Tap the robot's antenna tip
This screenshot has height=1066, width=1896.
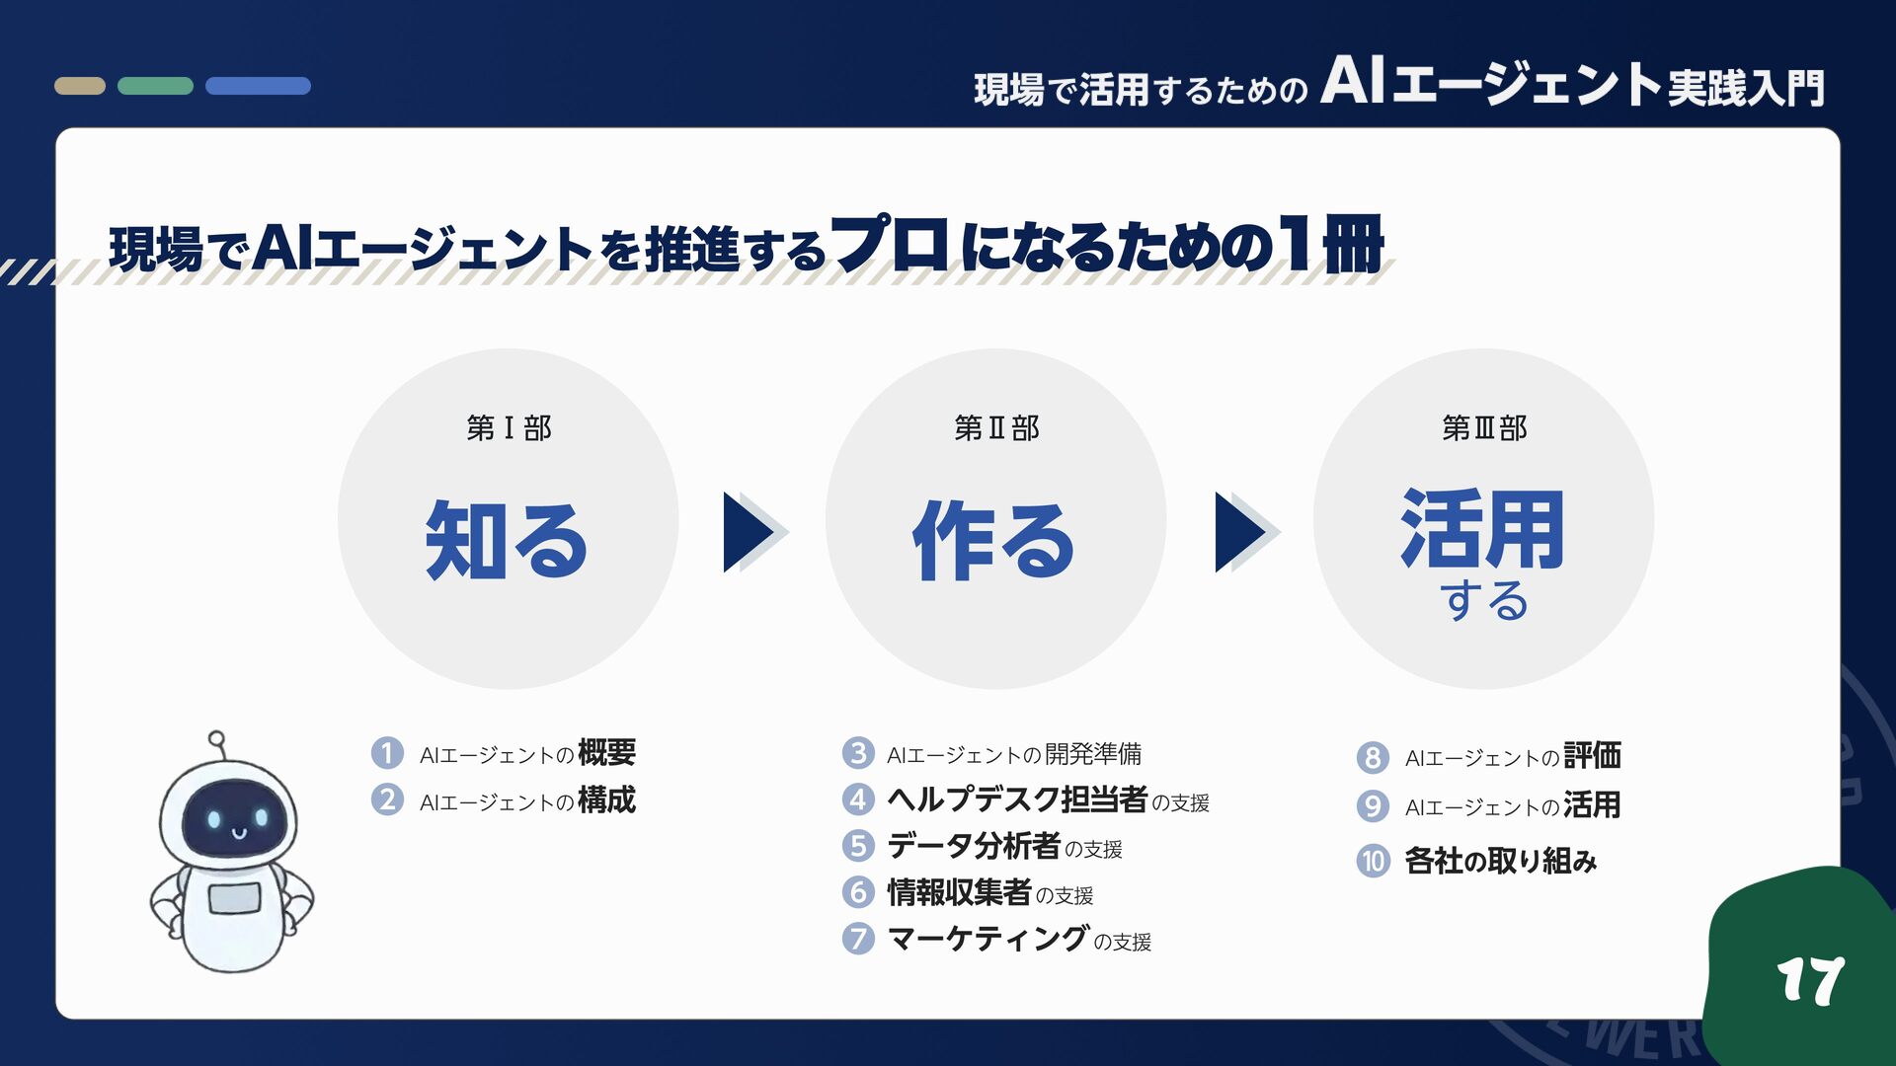(x=216, y=738)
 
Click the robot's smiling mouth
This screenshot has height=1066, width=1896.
(x=237, y=833)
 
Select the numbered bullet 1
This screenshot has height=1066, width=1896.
(x=387, y=753)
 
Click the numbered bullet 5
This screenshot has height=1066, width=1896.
(x=858, y=846)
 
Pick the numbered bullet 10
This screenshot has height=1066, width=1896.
(x=1373, y=861)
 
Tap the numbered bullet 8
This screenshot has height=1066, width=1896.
(x=1373, y=757)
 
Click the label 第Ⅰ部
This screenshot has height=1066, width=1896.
(x=509, y=428)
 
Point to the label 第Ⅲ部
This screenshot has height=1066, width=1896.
(x=1484, y=428)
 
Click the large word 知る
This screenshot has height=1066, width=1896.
(x=507, y=540)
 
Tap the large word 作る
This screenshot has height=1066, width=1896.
(x=993, y=540)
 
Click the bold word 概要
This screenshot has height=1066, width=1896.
(x=606, y=753)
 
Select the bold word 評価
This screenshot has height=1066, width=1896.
(x=1592, y=756)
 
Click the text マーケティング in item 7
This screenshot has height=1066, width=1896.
(x=987, y=938)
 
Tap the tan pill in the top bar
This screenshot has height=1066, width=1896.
(x=80, y=86)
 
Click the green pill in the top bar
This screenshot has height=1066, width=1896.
(x=155, y=86)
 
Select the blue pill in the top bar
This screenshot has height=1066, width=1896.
(x=258, y=86)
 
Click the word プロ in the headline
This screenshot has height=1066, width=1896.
(x=890, y=244)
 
